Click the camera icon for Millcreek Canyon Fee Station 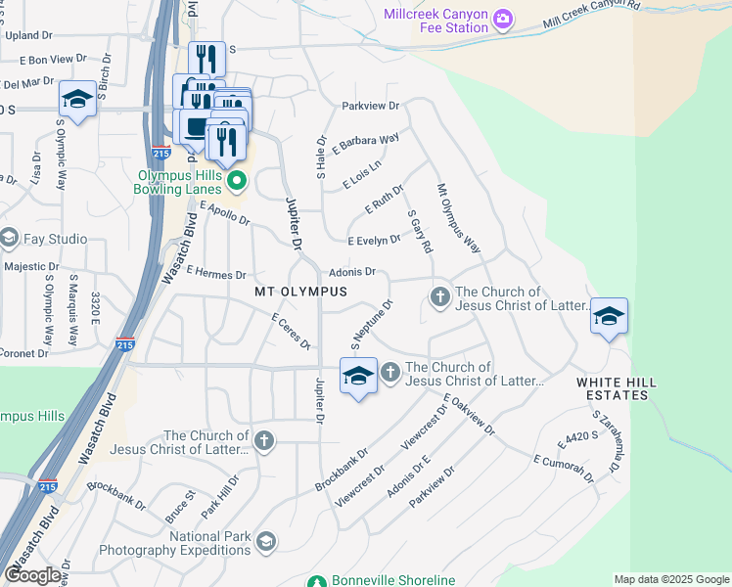503,19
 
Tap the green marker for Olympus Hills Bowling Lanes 236,182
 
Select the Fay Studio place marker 10,239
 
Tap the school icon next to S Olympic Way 77,99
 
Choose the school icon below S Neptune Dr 359,376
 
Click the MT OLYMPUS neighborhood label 300,293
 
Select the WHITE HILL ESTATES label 613,388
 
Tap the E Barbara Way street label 366,143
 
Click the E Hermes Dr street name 215,275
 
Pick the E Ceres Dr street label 291,332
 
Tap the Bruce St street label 180,509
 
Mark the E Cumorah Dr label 564,467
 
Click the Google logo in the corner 33,575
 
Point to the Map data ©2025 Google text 671,579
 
